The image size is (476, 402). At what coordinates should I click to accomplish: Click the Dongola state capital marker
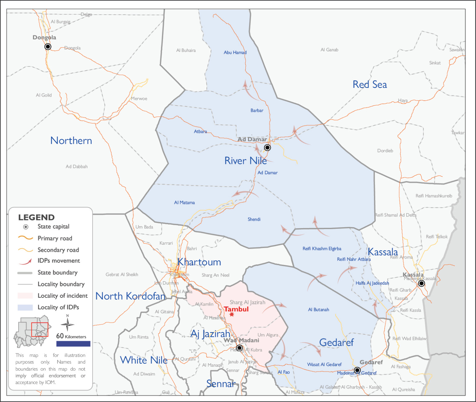pos(48,47)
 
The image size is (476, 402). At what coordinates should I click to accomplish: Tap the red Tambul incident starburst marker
pos(231,314)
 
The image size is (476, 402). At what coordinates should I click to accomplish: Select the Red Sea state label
pos(369,84)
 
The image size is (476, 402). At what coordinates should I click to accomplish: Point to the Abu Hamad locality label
pos(235,52)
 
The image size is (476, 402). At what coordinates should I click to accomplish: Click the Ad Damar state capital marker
pos(267,147)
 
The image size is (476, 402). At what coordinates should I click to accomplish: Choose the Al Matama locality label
pos(184,203)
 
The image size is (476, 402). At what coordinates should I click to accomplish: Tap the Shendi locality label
pos(254,219)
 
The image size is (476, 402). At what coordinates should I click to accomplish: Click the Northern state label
pos(71,141)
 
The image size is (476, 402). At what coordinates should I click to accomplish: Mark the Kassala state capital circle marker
pos(421,283)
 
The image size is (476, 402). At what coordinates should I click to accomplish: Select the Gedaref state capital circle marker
pos(357,370)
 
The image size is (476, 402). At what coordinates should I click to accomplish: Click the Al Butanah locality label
pos(318,309)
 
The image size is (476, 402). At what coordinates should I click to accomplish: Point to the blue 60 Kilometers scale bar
pos(73,344)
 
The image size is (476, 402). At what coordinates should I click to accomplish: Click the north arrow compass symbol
pos(67,324)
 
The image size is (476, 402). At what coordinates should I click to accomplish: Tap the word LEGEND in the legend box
pos(36,217)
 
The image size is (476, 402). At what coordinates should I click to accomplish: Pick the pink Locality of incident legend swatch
pos(25,296)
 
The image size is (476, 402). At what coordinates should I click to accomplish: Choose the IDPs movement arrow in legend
pos(25,261)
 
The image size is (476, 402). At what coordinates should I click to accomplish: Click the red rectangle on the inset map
pos(40,330)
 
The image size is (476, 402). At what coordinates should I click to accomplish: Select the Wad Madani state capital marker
pos(239,348)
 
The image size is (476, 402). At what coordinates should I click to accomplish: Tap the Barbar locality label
pos(257,111)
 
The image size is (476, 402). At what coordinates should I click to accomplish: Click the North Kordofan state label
pos(130,296)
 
